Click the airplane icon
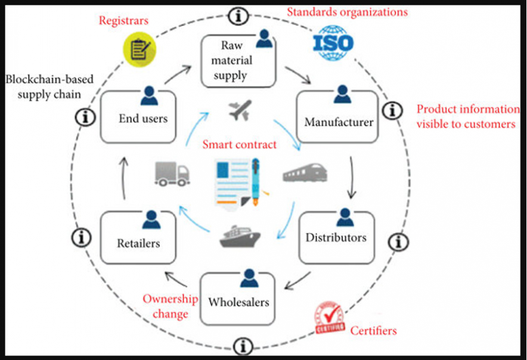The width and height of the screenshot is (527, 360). coord(240,111)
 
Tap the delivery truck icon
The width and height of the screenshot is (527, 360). coord(172,173)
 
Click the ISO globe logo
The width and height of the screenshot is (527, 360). coord(333,42)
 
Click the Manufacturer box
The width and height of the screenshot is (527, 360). coord(338,117)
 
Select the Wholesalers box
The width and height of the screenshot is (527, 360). coord(238,299)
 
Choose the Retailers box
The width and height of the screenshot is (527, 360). coord(138,237)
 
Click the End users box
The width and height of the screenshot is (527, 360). coord(138,117)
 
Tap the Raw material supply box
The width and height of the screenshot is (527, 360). coord(238,61)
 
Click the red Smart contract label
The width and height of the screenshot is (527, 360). coord(240,144)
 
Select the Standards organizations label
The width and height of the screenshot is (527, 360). coord(347,12)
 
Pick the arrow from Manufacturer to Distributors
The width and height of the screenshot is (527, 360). coord(352,177)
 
